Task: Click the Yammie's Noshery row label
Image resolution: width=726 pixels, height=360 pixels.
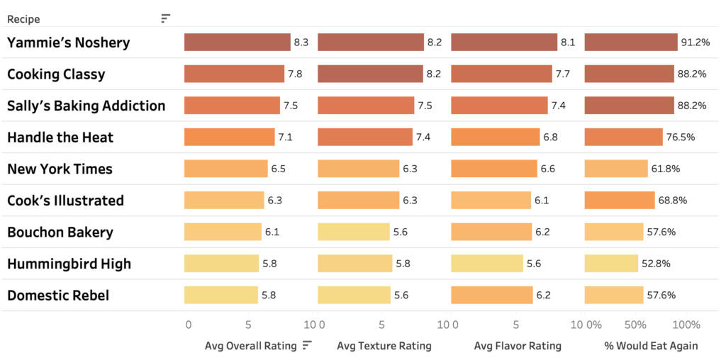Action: point(69,43)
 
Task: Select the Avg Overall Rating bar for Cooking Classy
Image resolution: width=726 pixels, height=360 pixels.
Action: point(235,74)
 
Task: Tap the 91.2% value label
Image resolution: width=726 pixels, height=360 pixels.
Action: point(696,43)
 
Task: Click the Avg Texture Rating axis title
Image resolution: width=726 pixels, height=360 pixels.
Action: point(384,346)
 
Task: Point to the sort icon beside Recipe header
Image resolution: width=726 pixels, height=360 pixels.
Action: point(165,18)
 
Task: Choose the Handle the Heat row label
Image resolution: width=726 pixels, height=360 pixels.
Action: point(60,137)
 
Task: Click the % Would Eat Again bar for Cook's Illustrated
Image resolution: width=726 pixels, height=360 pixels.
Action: point(619,201)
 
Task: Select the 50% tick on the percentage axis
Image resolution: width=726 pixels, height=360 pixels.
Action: point(635,325)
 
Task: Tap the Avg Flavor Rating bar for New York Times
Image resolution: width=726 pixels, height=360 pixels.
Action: point(494,169)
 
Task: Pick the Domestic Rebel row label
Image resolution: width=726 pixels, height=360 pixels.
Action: point(58,295)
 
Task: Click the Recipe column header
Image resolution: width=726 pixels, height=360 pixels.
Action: point(23,19)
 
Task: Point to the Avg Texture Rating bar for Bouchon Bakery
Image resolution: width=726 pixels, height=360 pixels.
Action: point(353,232)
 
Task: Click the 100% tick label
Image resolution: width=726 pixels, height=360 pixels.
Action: point(685,325)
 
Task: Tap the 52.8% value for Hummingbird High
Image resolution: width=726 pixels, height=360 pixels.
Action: point(656,264)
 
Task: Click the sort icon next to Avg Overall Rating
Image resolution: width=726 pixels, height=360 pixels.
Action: point(307,345)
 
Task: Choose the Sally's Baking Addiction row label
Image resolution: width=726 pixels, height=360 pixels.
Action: point(86,106)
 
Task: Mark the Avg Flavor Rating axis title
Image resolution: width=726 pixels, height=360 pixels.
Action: point(517,346)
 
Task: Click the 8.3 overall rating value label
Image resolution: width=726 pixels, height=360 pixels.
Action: point(301,43)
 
